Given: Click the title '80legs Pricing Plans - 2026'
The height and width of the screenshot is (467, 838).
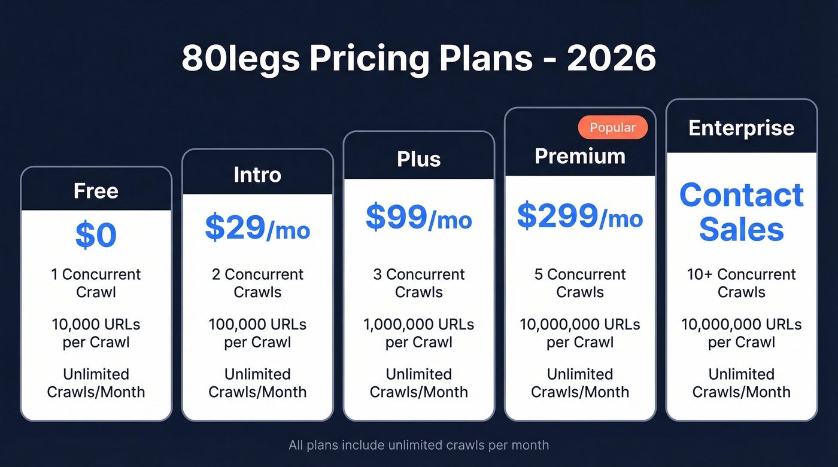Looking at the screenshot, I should click(418, 58).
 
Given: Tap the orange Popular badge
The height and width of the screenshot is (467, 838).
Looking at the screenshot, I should click(612, 127).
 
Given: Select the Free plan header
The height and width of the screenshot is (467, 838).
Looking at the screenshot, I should click(96, 191).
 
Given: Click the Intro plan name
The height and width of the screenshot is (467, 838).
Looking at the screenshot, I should click(257, 175).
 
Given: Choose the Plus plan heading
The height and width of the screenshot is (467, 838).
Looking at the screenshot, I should click(418, 159).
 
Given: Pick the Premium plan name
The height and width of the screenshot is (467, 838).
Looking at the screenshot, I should click(579, 156).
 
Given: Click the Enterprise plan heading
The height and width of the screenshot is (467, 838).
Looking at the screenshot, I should click(741, 128).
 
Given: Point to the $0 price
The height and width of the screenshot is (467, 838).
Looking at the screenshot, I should click(96, 236).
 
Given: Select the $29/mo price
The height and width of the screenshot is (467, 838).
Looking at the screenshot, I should click(257, 227).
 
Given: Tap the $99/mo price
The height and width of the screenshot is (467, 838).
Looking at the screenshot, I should click(418, 218).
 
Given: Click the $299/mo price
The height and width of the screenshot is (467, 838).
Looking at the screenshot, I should click(579, 216).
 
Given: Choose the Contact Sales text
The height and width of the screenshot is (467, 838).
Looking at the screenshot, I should click(741, 212).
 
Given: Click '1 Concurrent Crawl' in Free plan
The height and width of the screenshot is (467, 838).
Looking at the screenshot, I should click(96, 283).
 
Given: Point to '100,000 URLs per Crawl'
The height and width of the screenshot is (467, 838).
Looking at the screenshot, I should click(257, 333).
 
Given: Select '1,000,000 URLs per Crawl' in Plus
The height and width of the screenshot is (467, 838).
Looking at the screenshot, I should click(418, 333).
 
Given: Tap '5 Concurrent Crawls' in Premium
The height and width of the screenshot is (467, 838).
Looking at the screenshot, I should click(579, 283).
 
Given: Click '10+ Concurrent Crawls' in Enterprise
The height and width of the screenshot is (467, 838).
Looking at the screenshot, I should click(741, 283).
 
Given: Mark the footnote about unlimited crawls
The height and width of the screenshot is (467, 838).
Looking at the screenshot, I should click(418, 445).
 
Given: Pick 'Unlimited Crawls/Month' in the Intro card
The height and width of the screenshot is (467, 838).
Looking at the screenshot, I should click(257, 383).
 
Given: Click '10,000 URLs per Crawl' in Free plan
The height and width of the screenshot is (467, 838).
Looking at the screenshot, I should click(96, 333).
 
